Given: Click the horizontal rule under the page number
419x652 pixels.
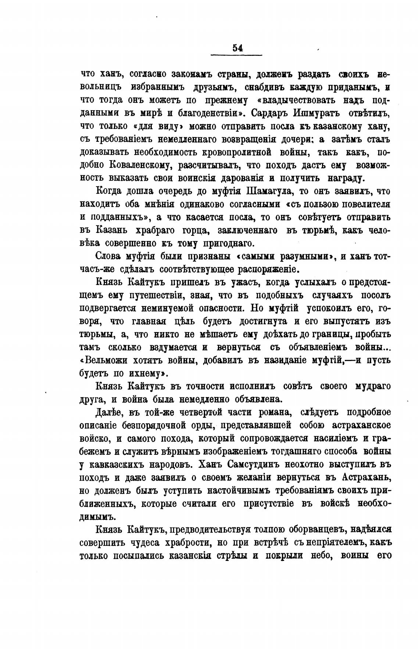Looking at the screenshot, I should [x=236, y=55].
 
